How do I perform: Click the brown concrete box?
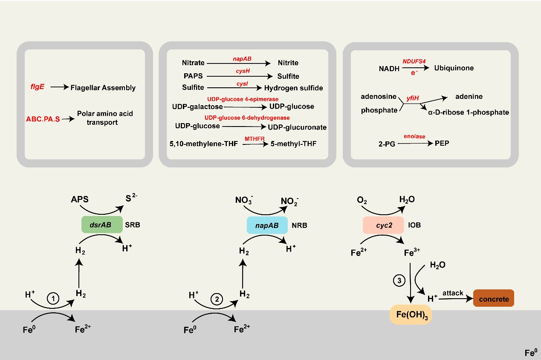click(x=494, y=299)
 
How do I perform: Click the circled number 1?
click(x=53, y=299)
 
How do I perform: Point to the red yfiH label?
click(x=413, y=98)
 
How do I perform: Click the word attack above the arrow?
click(x=453, y=294)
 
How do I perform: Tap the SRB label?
click(x=132, y=225)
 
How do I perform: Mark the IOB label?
click(x=415, y=225)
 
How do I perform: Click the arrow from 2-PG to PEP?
click(x=414, y=144)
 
